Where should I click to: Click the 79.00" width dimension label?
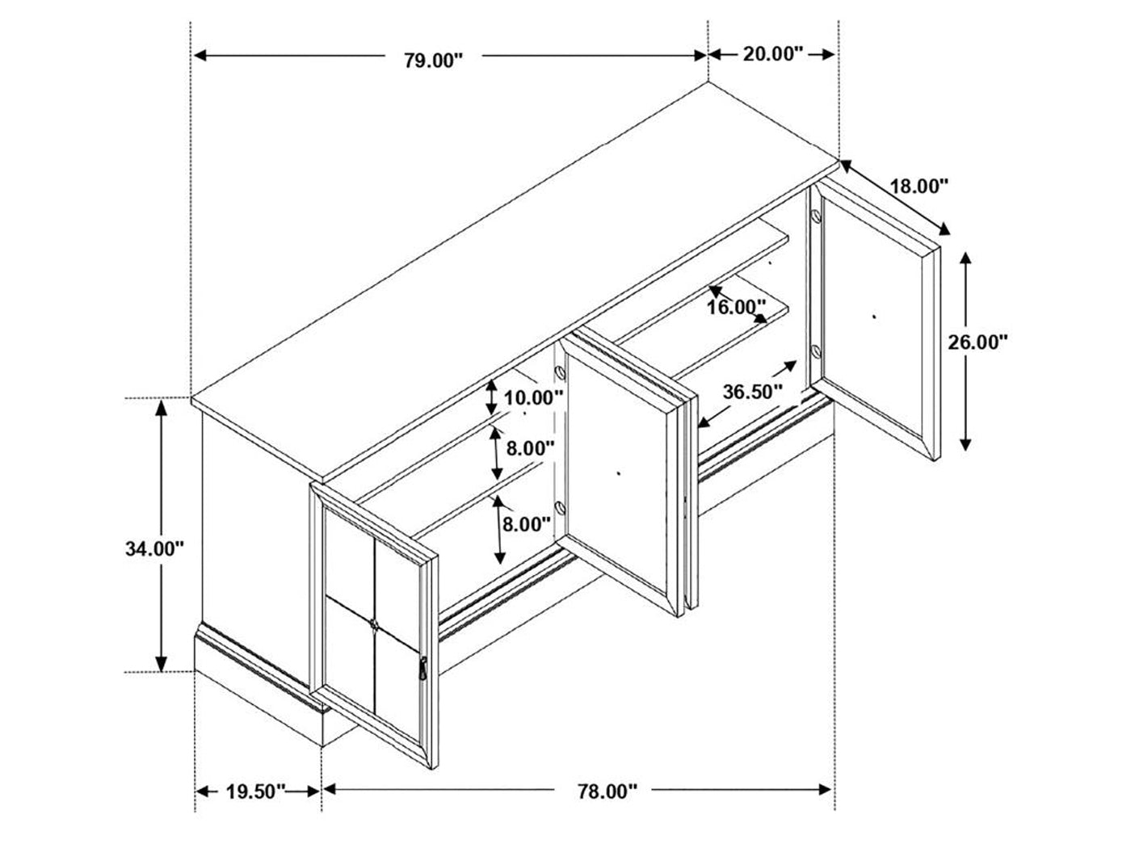click(433, 61)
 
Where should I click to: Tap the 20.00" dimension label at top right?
click(772, 53)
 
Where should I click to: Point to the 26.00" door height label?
click(978, 342)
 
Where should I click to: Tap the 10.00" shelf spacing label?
click(532, 397)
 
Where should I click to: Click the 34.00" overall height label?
click(154, 548)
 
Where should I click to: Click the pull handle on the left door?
click(423, 668)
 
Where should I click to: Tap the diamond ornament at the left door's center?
click(374, 625)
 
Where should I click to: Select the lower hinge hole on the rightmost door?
click(816, 352)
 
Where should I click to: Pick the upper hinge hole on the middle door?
click(560, 372)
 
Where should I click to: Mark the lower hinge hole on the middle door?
click(560, 509)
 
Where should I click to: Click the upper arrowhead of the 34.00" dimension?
click(162, 409)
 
